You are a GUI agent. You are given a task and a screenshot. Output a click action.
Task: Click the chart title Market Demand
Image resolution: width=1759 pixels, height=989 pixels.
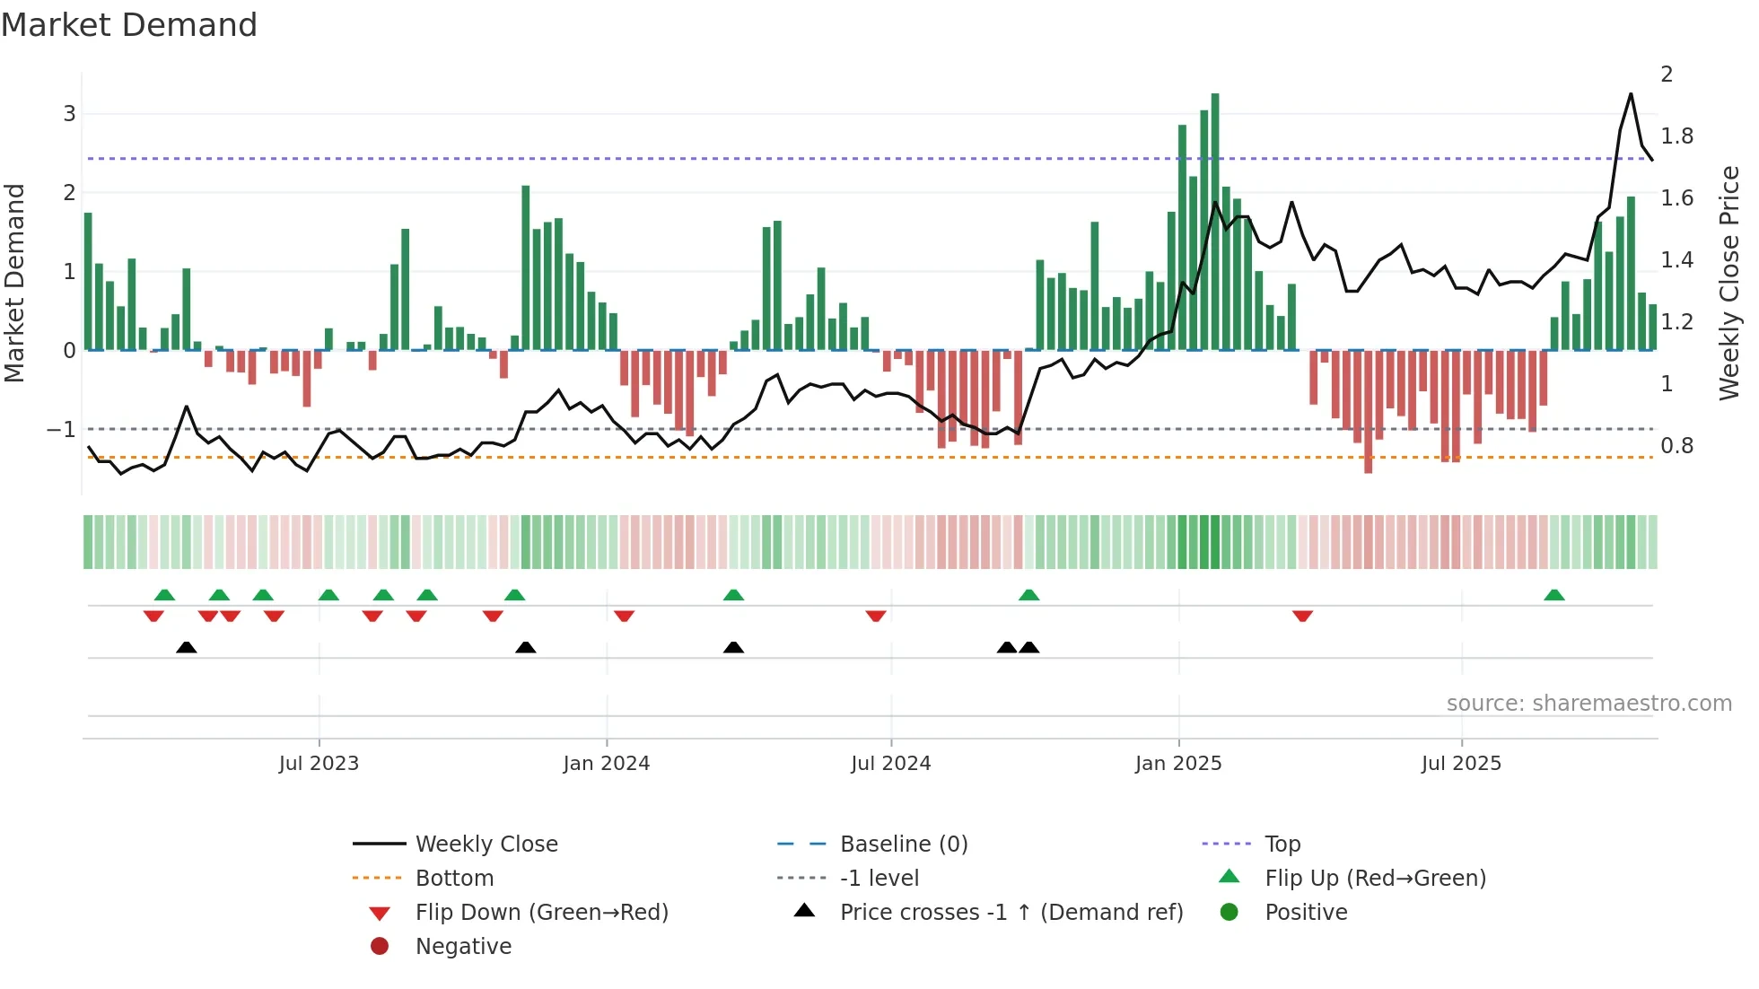129,25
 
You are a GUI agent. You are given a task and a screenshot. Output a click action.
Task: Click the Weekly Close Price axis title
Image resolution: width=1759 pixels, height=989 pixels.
1729,283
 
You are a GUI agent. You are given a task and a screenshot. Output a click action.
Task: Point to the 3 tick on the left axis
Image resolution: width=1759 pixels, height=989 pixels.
69,114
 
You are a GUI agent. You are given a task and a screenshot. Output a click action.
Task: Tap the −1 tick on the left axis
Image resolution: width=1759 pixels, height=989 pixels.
61,430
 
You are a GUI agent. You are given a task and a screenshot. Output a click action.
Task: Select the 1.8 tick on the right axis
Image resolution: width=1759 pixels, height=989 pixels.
1676,136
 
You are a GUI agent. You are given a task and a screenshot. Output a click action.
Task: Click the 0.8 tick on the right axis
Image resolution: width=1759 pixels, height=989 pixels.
1676,446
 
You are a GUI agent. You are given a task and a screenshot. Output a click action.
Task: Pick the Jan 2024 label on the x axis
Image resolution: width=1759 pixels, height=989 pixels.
606,764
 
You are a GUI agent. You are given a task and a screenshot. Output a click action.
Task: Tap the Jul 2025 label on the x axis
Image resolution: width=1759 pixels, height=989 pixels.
1460,764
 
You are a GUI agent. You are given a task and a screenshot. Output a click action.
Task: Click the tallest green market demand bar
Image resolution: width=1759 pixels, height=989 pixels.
1214,220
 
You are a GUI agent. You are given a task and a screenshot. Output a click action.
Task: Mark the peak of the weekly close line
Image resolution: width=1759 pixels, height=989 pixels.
1631,94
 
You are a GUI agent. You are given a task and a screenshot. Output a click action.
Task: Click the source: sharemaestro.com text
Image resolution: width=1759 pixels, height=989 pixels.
1588,704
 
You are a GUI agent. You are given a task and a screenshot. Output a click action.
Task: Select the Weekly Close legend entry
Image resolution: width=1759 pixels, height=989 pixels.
486,845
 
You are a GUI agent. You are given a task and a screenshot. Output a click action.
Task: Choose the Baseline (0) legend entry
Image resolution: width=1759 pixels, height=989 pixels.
903,845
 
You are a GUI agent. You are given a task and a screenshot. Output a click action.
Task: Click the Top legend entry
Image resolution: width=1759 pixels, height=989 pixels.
1282,845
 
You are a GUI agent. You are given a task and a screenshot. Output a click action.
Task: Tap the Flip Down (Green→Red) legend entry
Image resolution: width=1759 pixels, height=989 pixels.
541,913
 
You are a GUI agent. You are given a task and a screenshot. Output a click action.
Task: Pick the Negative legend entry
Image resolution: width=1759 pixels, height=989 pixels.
463,947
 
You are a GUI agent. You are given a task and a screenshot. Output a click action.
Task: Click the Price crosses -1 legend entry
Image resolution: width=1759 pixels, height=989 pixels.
1011,913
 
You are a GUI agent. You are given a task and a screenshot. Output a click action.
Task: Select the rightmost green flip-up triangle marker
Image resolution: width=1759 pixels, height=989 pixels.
1554,595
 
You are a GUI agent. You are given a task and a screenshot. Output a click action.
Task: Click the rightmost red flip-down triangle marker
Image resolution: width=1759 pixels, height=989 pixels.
1302,616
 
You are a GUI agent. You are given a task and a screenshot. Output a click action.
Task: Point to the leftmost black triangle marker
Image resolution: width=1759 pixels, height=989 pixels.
186,647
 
